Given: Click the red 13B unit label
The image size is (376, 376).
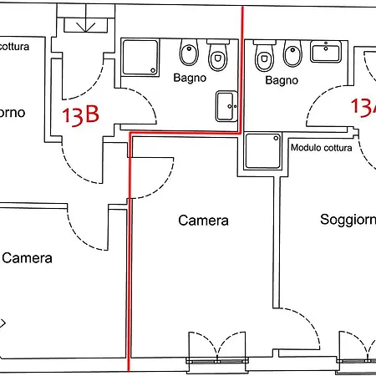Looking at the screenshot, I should point(80,114).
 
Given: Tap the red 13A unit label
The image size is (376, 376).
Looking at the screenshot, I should point(363,107).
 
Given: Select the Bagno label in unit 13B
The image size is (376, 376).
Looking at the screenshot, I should point(190,79).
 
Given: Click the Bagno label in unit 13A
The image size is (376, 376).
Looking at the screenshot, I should point(282,80).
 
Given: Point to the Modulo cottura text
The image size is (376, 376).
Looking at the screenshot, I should point(322,148).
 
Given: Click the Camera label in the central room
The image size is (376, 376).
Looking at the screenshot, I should point(203,221).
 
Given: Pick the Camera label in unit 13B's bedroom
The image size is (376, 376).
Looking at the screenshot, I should point(27,258).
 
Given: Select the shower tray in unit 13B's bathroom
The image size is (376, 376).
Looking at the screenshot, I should point(140,58).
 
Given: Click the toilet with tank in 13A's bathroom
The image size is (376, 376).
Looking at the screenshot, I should point(265,56).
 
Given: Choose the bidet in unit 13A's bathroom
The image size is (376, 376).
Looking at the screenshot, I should point(292,54).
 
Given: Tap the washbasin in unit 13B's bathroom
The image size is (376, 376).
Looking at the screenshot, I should point(226,104).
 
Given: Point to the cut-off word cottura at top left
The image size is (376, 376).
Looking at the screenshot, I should point(15,48).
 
